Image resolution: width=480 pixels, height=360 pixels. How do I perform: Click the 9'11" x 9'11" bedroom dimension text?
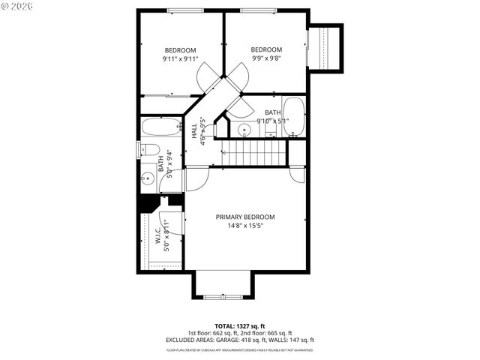(180, 59)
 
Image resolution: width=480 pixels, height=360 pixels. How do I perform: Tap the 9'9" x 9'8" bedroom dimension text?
(265, 57)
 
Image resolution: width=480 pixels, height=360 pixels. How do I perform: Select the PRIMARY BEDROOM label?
(245, 217)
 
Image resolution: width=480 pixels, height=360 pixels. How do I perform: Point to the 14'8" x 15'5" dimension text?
(245, 225)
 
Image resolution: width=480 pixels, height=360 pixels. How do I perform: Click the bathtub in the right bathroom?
(293, 116)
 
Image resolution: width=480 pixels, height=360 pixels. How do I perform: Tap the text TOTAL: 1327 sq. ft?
(239, 326)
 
